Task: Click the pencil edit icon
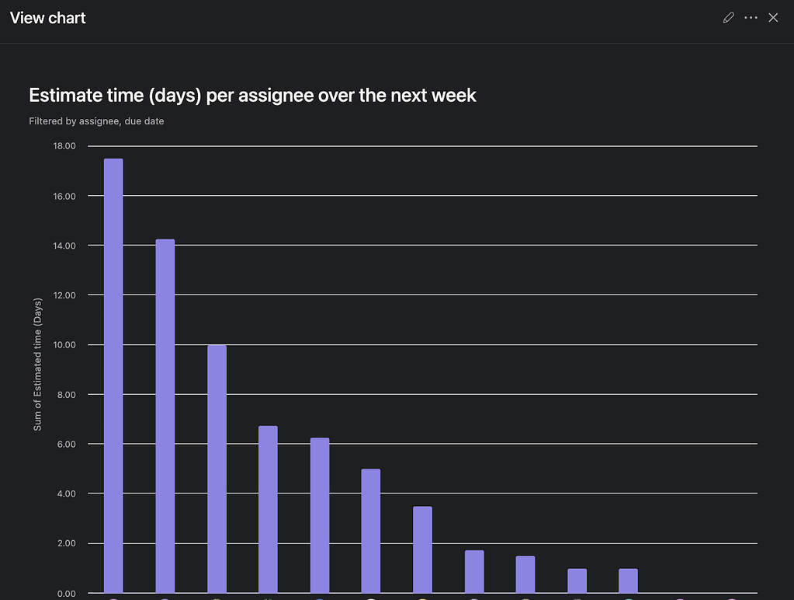pyautogui.click(x=728, y=18)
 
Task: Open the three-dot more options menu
pyautogui.click(x=751, y=18)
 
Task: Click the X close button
pyautogui.click(x=773, y=18)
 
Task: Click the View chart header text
pyautogui.click(x=48, y=18)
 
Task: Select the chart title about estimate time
pyautogui.click(x=252, y=96)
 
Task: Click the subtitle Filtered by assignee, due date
pyautogui.click(x=96, y=121)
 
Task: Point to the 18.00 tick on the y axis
pyautogui.click(x=64, y=146)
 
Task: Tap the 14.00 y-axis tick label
pyautogui.click(x=64, y=246)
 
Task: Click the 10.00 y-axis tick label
pyautogui.click(x=64, y=345)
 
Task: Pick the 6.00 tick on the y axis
pyautogui.click(x=65, y=444)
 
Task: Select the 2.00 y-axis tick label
pyautogui.click(x=65, y=543)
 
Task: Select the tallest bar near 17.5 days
pyautogui.click(x=113, y=373)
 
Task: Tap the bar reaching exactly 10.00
pyautogui.click(x=217, y=466)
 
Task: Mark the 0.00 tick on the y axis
pyautogui.click(x=65, y=594)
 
